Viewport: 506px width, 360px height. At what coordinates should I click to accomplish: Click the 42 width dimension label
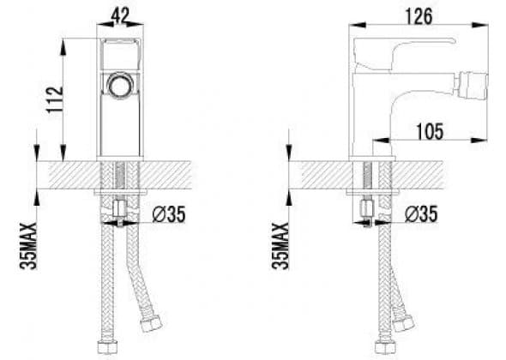(120, 15)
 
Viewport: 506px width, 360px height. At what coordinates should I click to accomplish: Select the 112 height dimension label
(55, 99)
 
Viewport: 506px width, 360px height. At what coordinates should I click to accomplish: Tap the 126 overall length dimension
(419, 16)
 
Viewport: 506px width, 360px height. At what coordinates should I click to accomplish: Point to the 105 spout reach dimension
(430, 132)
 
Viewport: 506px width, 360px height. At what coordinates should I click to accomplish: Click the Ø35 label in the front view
(169, 214)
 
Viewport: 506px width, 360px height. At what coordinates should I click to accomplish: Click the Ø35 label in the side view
(421, 213)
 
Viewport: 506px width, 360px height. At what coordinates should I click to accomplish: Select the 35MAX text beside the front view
(28, 246)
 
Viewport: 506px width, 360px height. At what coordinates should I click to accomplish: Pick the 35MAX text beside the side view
(280, 245)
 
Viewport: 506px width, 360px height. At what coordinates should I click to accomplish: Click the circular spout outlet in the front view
(120, 84)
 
